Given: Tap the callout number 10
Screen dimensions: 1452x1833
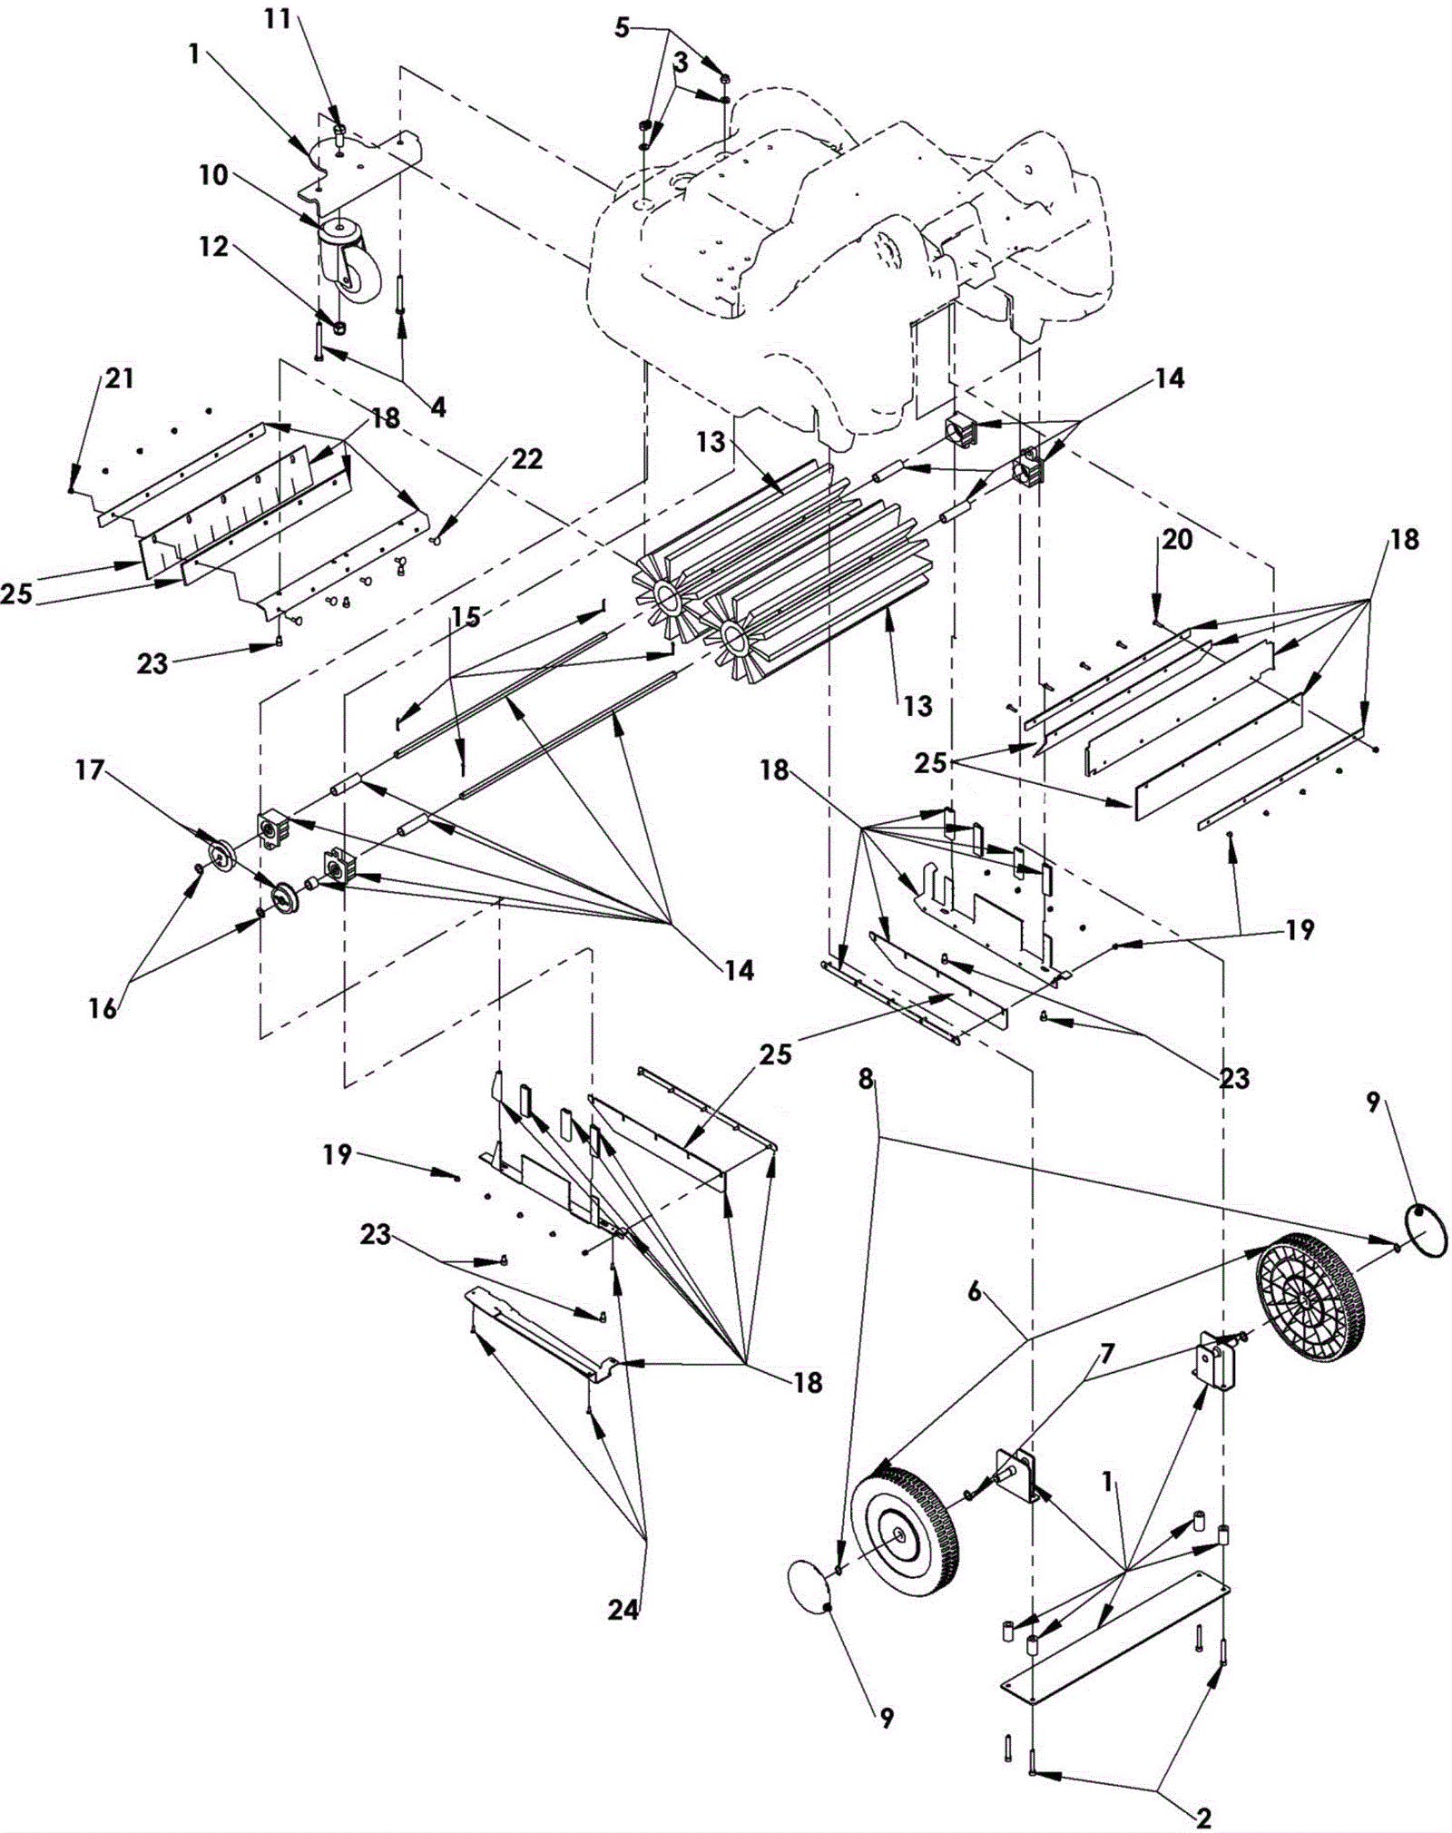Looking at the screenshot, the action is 214,175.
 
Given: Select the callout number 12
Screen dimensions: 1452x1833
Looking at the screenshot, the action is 214,246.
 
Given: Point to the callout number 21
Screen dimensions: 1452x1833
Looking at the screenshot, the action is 118,377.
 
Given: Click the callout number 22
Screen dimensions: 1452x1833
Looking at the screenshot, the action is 526,459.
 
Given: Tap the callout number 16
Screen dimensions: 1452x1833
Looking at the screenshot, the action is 103,1008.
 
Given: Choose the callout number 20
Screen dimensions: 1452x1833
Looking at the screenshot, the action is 1177,539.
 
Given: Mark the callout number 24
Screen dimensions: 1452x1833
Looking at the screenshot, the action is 623,1611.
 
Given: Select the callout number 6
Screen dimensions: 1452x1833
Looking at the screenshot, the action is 974,1291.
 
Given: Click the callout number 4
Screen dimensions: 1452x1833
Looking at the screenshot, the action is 437,408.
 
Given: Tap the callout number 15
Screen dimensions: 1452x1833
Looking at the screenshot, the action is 466,617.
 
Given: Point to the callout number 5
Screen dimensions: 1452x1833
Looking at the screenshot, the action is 621,27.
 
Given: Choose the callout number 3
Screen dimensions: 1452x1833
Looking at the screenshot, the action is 681,64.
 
